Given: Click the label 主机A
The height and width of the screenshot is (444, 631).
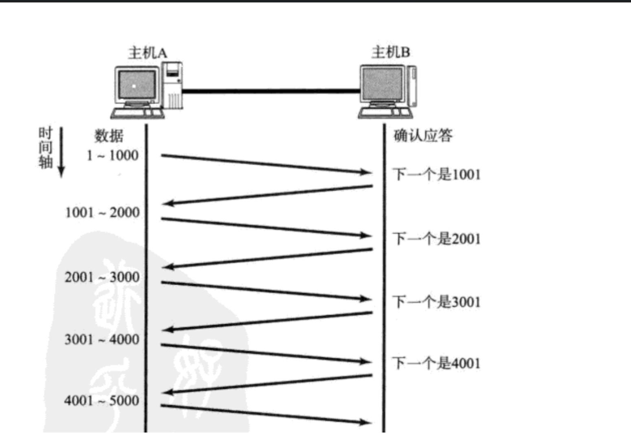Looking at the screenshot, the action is click(147, 53).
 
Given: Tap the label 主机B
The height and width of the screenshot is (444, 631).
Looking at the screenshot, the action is click(390, 52).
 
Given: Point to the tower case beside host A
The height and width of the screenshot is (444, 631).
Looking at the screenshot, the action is click(173, 85).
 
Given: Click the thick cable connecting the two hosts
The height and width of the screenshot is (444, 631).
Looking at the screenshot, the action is click(271, 91).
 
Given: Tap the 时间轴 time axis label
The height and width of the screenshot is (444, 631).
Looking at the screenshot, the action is click(45, 147).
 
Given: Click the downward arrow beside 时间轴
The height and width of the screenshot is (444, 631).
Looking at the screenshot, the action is click(61, 152).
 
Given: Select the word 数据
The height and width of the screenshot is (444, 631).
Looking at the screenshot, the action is click(109, 136).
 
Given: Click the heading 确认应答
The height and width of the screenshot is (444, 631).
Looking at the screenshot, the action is click(423, 136).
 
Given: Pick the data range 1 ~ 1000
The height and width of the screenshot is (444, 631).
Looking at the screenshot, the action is click(112, 155).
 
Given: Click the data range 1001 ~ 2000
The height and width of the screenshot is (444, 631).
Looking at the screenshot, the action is click(102, 212).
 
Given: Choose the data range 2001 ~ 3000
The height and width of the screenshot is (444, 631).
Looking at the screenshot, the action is click(102, 277).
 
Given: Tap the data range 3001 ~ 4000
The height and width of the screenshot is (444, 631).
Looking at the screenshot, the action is click(102, 339).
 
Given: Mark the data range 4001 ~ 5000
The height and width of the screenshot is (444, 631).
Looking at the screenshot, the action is click(101, 400).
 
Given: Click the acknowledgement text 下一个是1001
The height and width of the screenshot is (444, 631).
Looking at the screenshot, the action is click(437, 175).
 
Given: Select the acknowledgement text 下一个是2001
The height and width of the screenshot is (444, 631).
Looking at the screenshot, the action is click(437, 238).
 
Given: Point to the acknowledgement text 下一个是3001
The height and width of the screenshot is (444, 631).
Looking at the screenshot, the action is click(437, 302).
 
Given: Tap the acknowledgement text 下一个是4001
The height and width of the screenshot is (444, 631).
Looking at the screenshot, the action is click(437, 363).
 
